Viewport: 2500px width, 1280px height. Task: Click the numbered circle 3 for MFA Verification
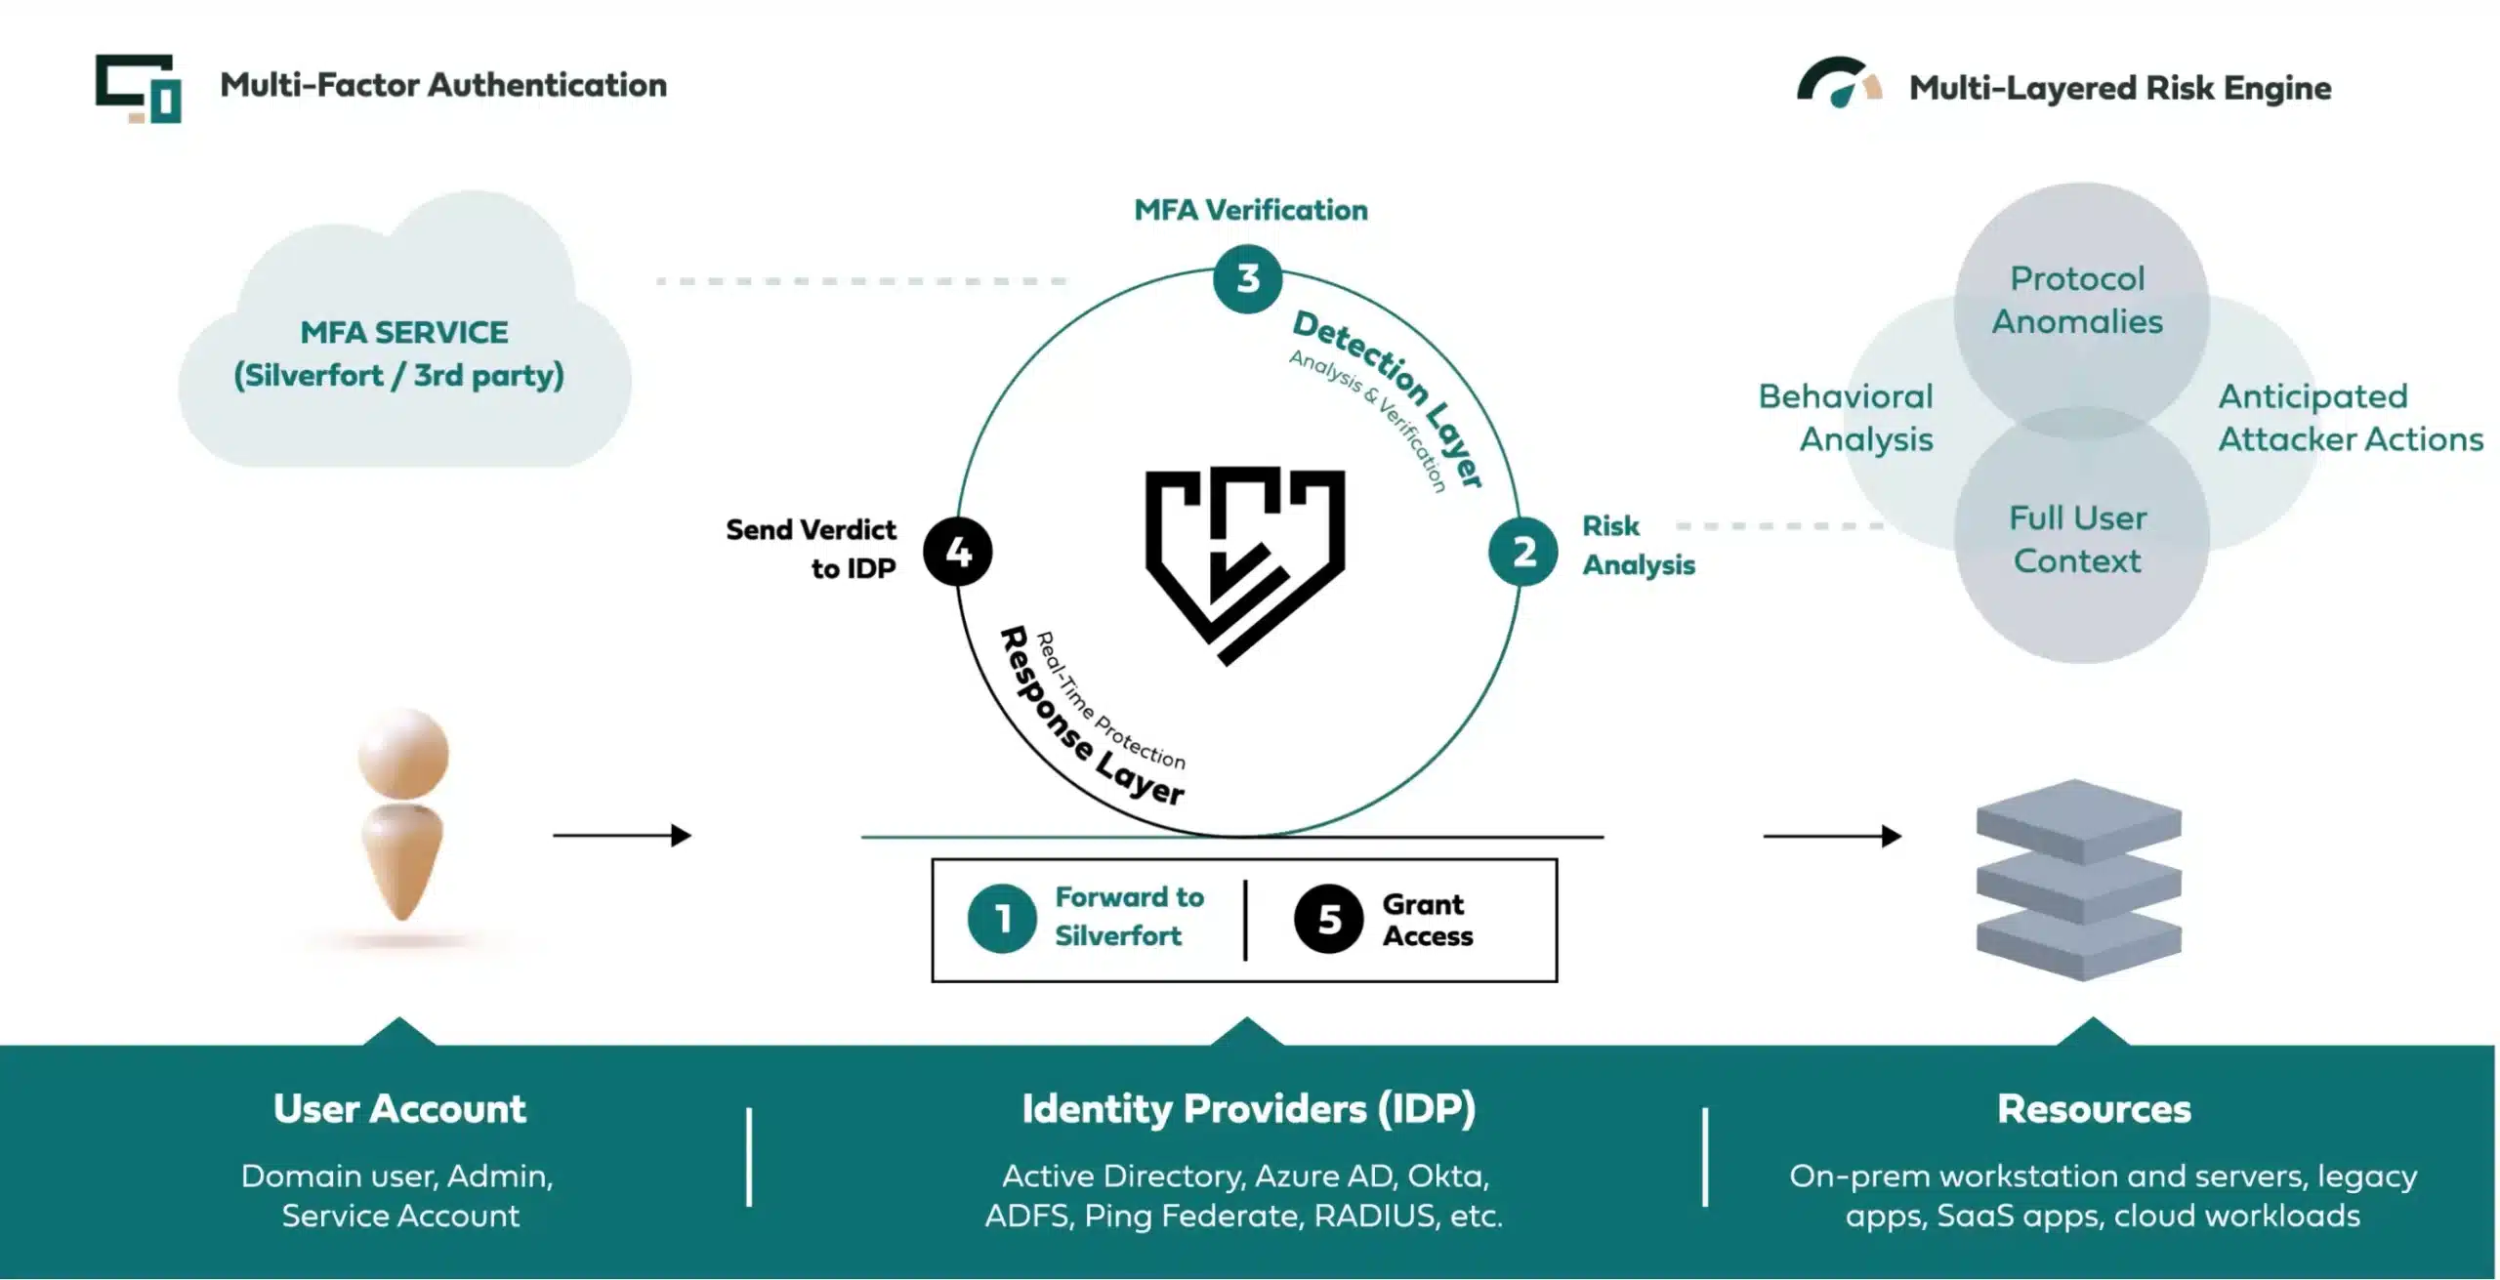[1247, 279]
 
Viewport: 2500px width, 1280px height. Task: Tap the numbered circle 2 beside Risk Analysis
[1522, 553]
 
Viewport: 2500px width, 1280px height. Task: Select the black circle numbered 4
[958, 553]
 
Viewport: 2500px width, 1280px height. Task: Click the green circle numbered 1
[1002, 919]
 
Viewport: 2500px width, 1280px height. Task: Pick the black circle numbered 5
[1328, 919]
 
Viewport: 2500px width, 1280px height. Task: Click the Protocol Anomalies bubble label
[2077, 301]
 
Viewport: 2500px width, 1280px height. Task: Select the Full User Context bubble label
[2077, 539]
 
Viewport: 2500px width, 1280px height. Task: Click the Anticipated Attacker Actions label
[2349, 418]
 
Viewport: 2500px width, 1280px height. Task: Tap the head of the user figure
[402, 753]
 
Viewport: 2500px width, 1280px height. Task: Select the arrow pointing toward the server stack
[1832, 836]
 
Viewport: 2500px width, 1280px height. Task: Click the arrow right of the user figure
[622, 836]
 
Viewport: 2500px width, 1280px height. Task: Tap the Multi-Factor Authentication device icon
[139, 88]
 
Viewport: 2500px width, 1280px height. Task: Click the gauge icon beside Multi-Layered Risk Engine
[1838, 84]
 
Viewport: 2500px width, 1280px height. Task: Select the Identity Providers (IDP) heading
[1248, 1109]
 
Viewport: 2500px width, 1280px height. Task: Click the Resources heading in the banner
[2094, 1109]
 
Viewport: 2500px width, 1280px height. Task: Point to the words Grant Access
[1427, 920]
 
